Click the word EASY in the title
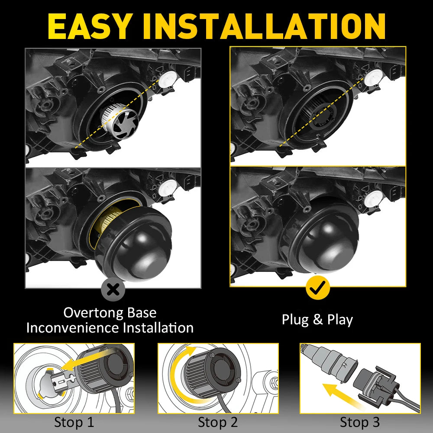pos(89,26)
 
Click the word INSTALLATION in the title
pos(264,26)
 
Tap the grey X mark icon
pos(113,289)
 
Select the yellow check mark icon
pos(317,288)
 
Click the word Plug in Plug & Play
pos(295,320)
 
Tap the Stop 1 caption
pos(74,422)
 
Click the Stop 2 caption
pos(218,422)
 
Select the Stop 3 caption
pos(359,422)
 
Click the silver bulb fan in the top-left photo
pos(120,121)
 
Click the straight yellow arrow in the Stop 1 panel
pos(87,359)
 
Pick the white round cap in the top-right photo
pos(373,77)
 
